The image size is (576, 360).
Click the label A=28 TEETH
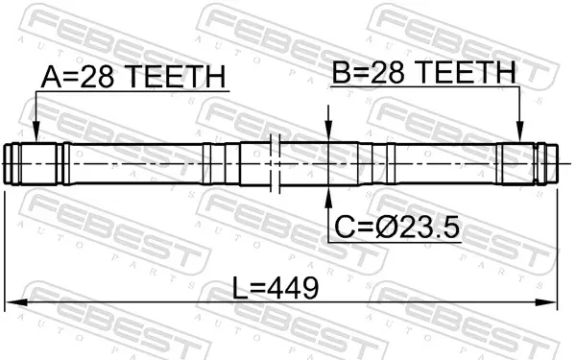pyautogui.click(x=133, y=77)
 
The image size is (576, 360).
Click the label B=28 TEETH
pyautogui.click(x=424, y=72)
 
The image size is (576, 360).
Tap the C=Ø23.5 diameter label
pyautogui.click(x=396, y=227)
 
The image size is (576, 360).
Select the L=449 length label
pyautogui.click(x=276, y=288)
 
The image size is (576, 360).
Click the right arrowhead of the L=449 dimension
pyautogui.click(x=546, y=302)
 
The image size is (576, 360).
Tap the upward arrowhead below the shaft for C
pyautogui.click(x=328, y=197)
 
